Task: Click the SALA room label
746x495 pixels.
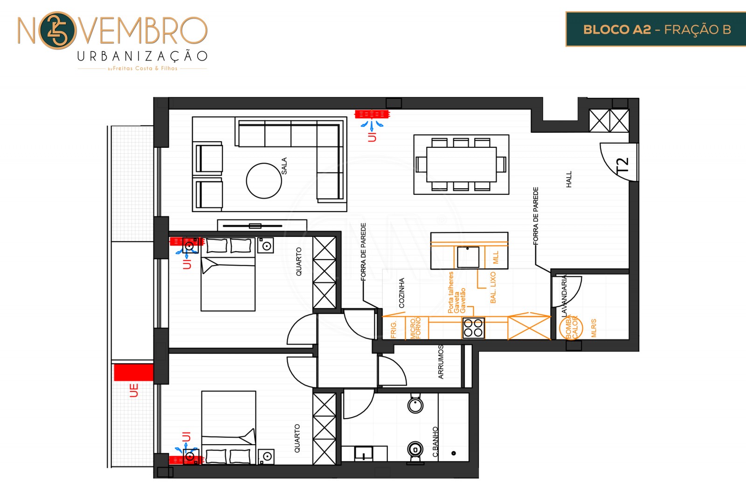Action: coord(284,166)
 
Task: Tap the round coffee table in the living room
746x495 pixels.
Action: coord(264,181)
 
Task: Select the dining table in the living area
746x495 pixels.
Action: coord(461,165)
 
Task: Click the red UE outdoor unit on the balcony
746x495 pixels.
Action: coord(133,372)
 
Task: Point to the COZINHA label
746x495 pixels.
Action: coord(401,293)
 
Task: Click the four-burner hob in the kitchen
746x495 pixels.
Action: coord(473,328)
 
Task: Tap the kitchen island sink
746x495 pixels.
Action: coord(468,257)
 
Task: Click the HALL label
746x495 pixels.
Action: coord(568,179)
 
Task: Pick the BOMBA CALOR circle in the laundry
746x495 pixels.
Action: coord(571,327)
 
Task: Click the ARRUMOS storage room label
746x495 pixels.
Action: coord(441,362)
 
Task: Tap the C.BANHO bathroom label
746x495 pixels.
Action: coord(435,441)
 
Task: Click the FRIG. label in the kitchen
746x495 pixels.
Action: coord(394,330)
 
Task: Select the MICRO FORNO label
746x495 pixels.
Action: coord(415,328)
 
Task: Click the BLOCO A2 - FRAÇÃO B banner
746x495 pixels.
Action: coord(656,29)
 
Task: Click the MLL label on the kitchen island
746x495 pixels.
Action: coord(496,257)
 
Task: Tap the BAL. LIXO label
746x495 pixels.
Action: coord(493,288)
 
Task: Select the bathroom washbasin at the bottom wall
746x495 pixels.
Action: coord(364,453)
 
